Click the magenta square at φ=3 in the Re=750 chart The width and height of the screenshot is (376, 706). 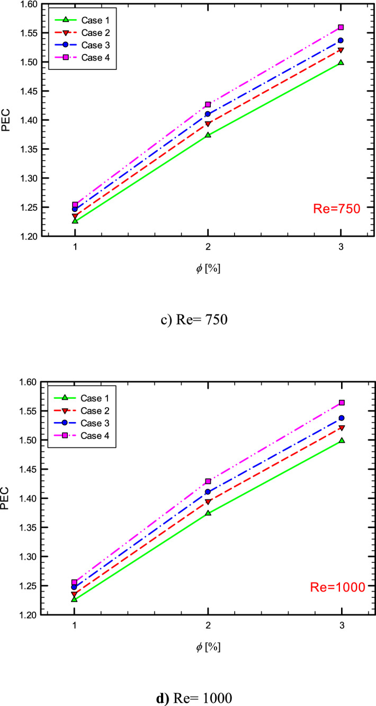point(341,27)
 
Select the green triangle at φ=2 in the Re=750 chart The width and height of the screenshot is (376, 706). point(208,135)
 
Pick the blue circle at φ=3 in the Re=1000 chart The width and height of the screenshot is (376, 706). point(341,418)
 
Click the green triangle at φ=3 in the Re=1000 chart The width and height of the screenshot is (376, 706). point(341,440)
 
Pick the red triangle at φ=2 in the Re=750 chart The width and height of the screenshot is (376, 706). point(208,124)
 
